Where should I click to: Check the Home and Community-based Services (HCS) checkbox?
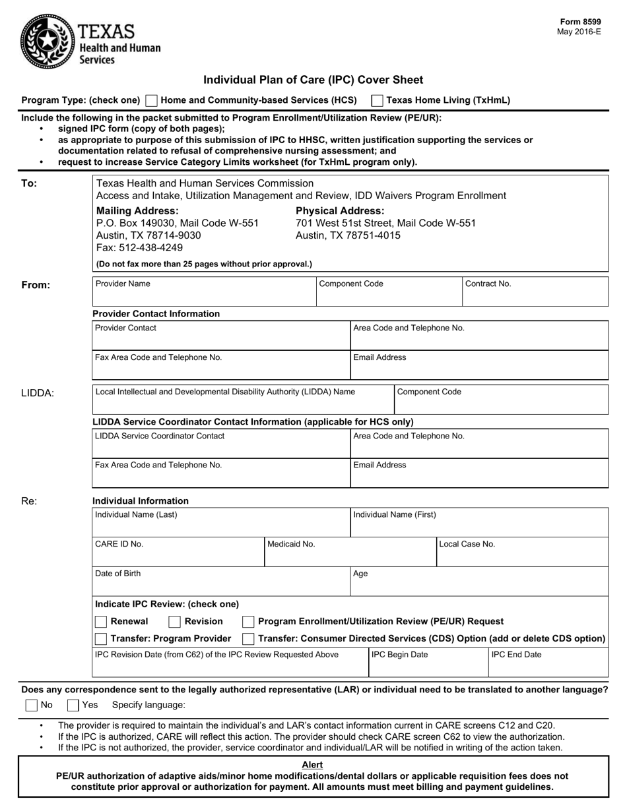click(x=151, y=101)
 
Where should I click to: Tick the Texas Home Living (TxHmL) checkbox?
click(x=378, y=101)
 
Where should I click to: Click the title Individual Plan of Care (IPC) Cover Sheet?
click(x=313, y=80)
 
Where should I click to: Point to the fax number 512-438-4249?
click(x=140, y=248)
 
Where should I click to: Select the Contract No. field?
click(x=535, y=291)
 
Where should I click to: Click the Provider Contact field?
click(x=221, y=336)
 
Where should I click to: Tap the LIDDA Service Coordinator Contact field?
click(x=221, y=444)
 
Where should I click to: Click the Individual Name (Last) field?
click(x=221, y=523)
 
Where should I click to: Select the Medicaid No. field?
click(x=350, y=552)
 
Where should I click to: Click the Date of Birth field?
click(x=221, y=582)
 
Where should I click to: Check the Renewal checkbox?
click(x=101, y=622)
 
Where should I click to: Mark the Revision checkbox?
click(x=175, y=622)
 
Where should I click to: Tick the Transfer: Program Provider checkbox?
click(x=101, y=639)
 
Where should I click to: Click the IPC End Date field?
click(x=548, y=663)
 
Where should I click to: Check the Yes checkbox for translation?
click(x=73, y=705)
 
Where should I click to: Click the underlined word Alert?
click(x=312, y=765)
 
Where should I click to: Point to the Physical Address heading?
click(x=340, y=211)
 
